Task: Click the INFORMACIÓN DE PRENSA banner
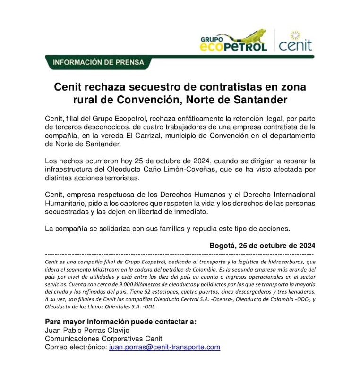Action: [x=99, y=62]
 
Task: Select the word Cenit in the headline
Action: [x=69, y=87]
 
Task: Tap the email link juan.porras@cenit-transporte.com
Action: [x=164, y=347]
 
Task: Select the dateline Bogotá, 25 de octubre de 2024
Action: [x=262, y=246]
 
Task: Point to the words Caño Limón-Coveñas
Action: [x=217, y=170]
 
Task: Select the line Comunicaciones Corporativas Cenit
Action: [x=103, y=339]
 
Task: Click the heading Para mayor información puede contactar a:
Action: [x=120, y=322]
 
